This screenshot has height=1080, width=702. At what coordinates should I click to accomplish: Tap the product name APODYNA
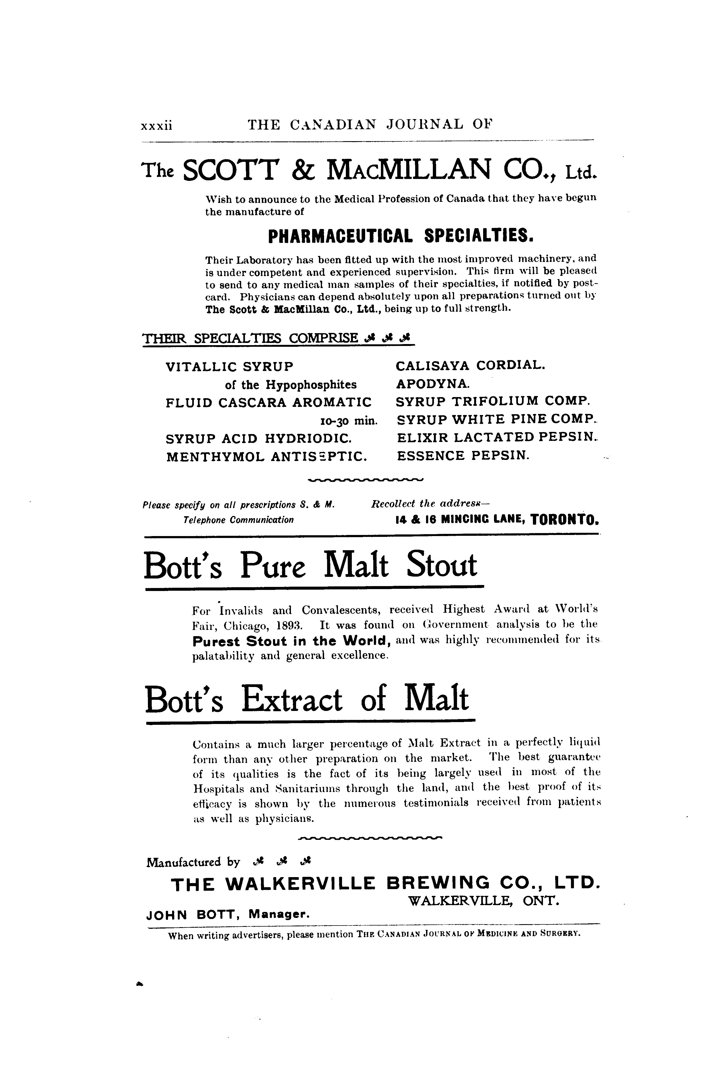(432, 384)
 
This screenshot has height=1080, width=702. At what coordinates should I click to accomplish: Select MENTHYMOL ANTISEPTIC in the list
(267, 456)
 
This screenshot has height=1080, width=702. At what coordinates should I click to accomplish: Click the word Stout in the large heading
(442, 566)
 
